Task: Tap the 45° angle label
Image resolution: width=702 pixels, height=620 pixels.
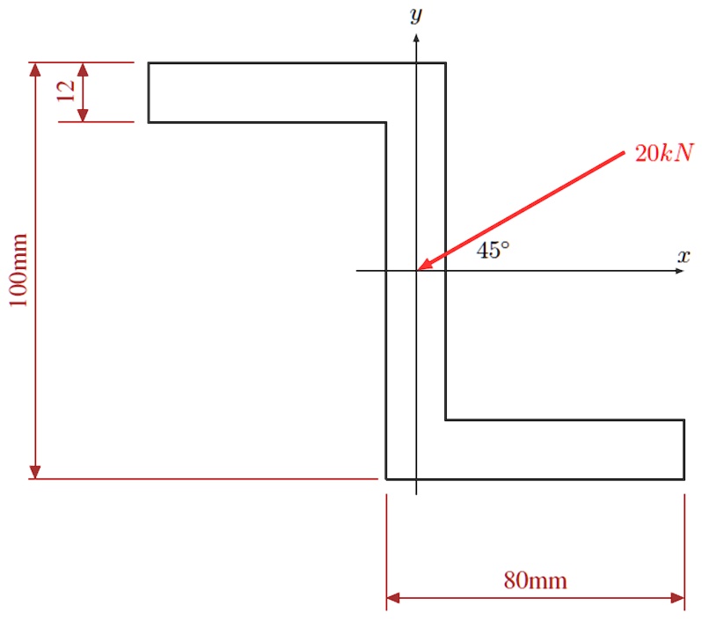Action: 493,251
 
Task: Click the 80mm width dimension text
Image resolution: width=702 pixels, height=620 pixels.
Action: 535,580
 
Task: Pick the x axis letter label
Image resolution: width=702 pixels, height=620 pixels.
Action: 683,257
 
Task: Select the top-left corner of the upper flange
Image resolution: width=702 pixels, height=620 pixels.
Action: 149,63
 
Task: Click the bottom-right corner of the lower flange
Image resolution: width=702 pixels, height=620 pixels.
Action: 684,479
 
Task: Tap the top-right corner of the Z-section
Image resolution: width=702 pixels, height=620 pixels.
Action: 445,63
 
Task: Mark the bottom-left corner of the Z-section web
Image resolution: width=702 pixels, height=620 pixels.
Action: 386,479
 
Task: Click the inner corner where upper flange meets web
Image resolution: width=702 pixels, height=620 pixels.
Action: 386,121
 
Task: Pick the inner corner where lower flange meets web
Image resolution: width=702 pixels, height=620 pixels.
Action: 445,420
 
